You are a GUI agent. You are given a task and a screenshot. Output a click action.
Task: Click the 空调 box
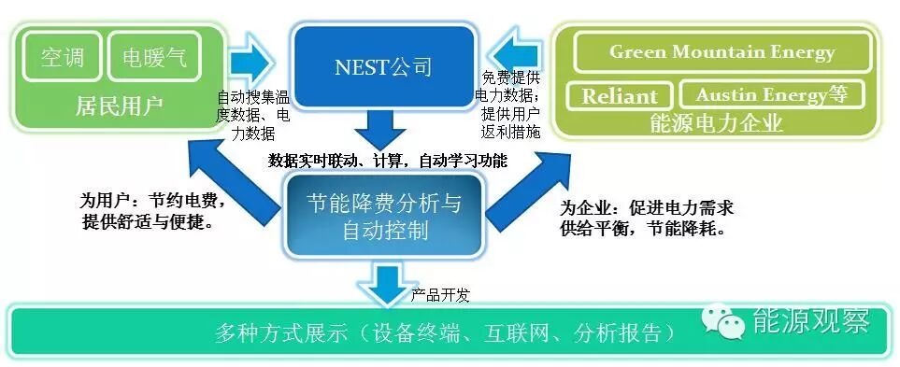[x=63, y=58]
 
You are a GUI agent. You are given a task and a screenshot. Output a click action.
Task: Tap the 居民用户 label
[x=119, y=106]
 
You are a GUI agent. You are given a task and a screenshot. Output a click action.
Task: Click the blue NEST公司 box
[x=383, y=66]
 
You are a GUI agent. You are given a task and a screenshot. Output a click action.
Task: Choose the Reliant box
[x=619, y=96]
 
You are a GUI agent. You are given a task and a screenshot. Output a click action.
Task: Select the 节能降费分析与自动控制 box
[x=383, y=216]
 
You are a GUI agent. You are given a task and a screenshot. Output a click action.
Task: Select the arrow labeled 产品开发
[x=384, y=283]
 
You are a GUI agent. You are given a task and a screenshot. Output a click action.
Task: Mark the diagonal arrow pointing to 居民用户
[x=230, y=181]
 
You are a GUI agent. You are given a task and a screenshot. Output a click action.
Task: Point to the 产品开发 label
[x=439, y=296]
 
